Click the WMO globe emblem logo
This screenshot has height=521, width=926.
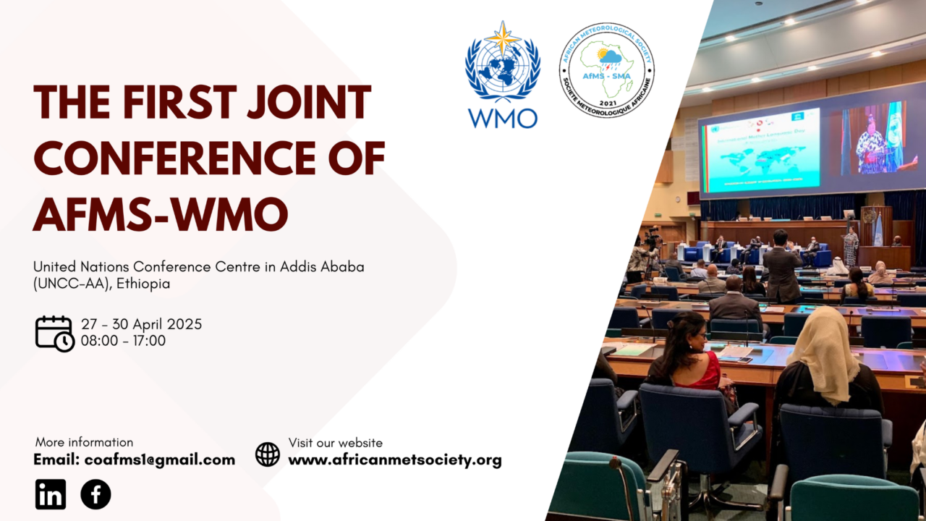coord(503,64)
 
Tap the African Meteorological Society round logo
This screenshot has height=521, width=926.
coord(606,70)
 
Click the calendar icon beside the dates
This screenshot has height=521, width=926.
coord(54,333)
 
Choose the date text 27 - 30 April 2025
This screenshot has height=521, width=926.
coord(141,324)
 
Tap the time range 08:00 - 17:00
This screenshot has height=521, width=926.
coord(123,340)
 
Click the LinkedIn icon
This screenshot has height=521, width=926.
coord(51,494)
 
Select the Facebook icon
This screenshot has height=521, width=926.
coord(95,494)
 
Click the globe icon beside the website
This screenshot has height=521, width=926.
coord(268,454)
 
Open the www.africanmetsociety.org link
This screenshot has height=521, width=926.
coord(395,460)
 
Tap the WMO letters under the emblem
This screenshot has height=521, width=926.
coord(503,117)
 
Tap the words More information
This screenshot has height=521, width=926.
coord(84,442)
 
